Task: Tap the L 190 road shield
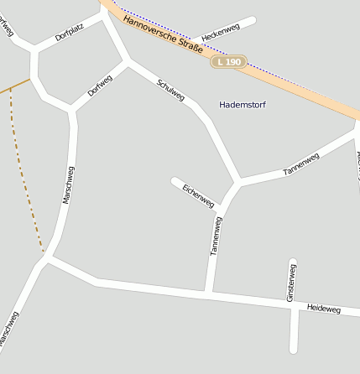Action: click(x=227, y=62)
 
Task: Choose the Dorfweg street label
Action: click(x=99, y=86)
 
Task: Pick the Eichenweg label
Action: click(x=198, y=195)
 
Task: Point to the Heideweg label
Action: click(x=324, y=309)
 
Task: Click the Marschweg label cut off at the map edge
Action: click(x=8, y=330)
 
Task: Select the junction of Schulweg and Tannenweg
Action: click(x=238, y=181)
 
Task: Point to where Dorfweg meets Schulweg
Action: click(x=128, y=61)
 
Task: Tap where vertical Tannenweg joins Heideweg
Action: click(x=206, y=293)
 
